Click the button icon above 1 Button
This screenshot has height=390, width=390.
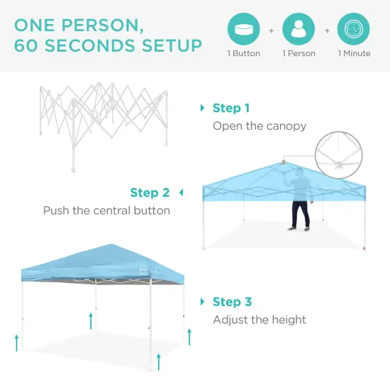(x=243, y=30)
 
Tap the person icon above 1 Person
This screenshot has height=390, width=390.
(x=299, y=30)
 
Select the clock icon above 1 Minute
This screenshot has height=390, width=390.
(x=354, y=30)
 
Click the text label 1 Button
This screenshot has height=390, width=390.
(x=243, y=54)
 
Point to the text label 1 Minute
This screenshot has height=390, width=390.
(x=354, y=54)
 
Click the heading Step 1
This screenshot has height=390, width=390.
(x=231, y=108)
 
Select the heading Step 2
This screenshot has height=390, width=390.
(x=150, y=193)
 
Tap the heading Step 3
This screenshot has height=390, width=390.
(x=232, y=302)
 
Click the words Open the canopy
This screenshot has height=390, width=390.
(x=260, y=126)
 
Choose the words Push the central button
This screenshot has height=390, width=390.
(x=106, y=211)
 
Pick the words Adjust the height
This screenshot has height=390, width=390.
(x=260, y=320)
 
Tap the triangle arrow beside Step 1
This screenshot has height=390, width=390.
(x=204, y=108)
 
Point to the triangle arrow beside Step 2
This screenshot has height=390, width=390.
(x=181, y=192)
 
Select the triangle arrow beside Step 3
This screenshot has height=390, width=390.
(x=204, y=302)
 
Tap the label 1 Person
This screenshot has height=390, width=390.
(x=299, y=54)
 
